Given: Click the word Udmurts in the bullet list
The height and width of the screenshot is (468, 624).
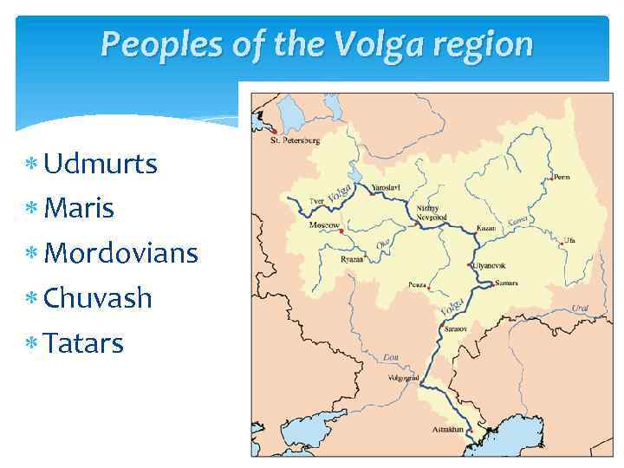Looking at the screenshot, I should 101,163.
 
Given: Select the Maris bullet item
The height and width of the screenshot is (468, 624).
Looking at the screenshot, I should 79,208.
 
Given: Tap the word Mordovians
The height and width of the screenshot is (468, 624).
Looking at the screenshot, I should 120,253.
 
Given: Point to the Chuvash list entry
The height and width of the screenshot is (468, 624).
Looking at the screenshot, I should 97,298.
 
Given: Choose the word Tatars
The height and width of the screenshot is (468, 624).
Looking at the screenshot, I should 83,343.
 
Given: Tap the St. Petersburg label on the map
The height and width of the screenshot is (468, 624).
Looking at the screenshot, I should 295,140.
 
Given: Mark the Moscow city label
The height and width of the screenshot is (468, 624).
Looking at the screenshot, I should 324,225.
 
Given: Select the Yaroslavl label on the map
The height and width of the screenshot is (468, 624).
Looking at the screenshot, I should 385,188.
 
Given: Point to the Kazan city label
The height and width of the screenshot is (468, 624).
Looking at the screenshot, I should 486,229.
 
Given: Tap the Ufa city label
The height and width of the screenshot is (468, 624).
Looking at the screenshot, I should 569,240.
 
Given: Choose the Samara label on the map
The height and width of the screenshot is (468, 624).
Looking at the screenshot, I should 506,283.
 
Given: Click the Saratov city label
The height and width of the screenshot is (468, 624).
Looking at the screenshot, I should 456,330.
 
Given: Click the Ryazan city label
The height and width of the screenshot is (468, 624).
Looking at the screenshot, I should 328,259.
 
